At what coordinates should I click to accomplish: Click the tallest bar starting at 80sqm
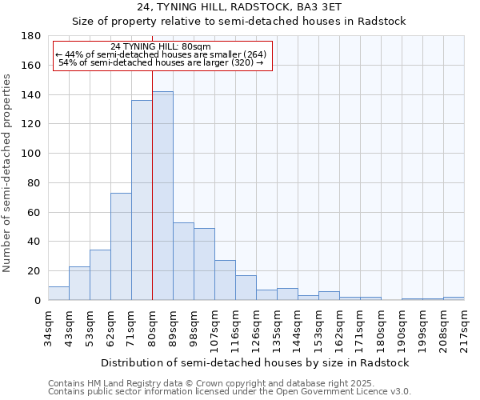tap(162, 196)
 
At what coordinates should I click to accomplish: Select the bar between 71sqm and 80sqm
tap(142, 200)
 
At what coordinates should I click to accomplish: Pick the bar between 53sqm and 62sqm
tap(100, 275)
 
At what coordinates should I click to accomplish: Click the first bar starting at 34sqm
tap(58, 294)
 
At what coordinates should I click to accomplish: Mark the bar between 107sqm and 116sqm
tap(225, 280)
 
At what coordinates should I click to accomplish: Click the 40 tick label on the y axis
tap(34, 242)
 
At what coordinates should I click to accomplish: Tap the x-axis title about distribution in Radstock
tap(256, 362)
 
